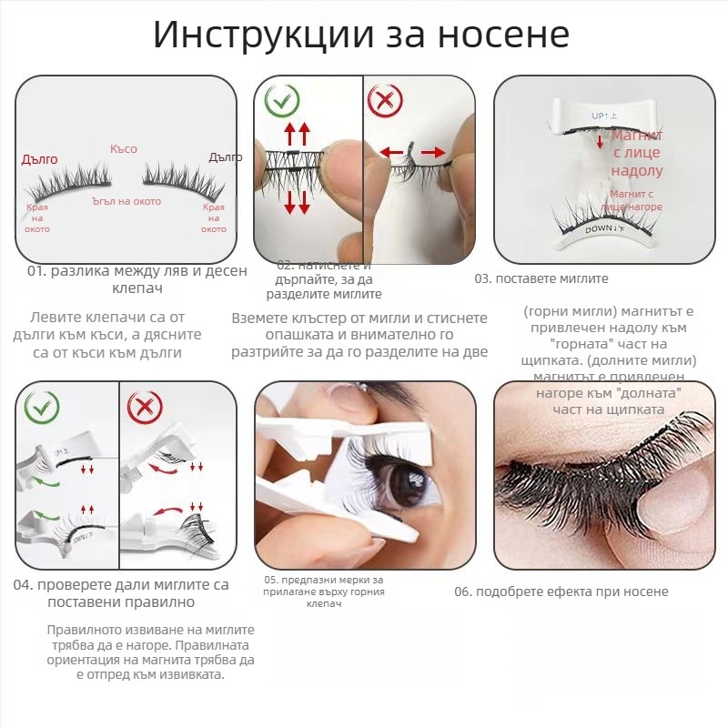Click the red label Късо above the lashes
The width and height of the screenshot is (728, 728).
click(x=123, y=148)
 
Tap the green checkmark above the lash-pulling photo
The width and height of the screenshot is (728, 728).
click(x=283, y=100)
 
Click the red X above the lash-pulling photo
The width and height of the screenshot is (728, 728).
click(x=385, y=100)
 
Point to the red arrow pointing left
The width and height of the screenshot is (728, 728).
click(x=390, y=153)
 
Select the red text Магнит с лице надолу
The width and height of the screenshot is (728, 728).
click(x=637, y=153)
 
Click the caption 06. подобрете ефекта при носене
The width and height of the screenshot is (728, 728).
click(x=561, y=591)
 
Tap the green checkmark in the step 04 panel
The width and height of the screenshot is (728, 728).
click(x=42, y=406)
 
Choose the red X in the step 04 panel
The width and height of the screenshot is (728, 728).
click(x=143, y=406)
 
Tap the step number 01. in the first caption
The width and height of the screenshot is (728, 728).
click(x=36, y=271)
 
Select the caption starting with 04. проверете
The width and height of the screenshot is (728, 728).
click(x=120, y=592)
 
